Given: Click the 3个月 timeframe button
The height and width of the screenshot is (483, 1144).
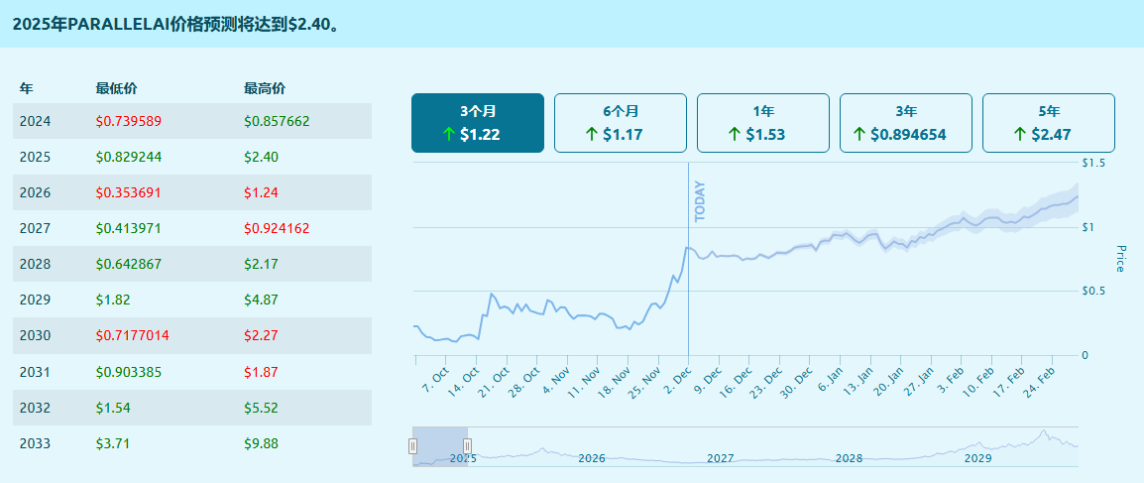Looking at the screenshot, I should coord(478,123).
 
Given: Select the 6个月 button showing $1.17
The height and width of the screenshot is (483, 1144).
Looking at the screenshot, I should coord(621,123).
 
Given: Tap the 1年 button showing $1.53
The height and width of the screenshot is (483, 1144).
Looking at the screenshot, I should coord(763,123).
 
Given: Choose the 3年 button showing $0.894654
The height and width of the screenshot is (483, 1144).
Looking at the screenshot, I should coord(906,123).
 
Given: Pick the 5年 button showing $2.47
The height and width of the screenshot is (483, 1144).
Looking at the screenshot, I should coord(1049,123).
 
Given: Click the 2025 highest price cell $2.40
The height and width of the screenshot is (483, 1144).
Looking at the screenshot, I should coord(261,157).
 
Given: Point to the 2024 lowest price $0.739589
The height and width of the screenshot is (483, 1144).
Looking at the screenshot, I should coord(129,121).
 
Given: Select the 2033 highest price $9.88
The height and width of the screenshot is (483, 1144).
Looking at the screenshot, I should coord(261,442).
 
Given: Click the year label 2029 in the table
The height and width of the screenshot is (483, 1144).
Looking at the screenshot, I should coord(35,300).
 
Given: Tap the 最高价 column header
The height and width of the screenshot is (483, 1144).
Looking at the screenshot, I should coord(265,88).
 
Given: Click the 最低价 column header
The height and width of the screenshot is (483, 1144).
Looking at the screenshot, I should coord(116,88).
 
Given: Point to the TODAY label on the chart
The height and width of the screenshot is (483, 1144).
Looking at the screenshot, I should coord(699,200).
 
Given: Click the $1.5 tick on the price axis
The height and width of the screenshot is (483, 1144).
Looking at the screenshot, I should coord(1094,163).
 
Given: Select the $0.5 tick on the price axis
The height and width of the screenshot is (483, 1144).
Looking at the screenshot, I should coord(1094,291).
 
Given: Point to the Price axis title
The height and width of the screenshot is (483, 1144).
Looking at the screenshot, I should coord(1121,259).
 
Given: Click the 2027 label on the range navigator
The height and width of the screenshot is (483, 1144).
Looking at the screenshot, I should coord(721,458).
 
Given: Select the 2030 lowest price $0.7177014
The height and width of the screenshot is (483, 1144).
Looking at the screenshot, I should coord(133,335).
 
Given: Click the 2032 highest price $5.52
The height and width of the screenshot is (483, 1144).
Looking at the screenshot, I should coord(261,407).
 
